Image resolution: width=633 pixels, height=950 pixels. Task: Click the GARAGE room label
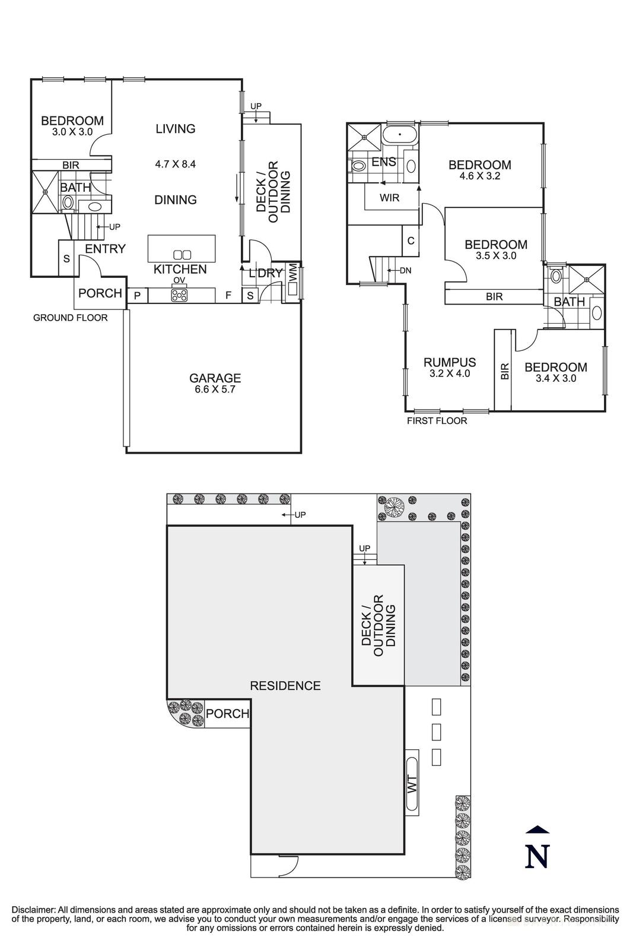(x=215, y=378)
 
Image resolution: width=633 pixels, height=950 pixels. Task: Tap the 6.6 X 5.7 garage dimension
(x=215, y=389)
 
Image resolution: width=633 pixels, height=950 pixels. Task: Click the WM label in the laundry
(x=293, y=273)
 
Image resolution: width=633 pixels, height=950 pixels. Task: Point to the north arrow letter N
(x=537, y=856)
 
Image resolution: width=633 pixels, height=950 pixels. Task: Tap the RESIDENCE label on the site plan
(x=285, y=686)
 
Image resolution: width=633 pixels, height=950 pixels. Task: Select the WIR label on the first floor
(x=389, y=198)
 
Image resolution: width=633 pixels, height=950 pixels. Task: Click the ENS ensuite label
(x=384, y=161)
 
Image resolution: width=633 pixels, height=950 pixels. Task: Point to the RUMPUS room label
(x=450, y=362)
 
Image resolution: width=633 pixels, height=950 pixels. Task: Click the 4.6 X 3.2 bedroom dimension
(x=479, y=176)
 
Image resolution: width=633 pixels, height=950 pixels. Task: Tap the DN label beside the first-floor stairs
(x=405, y=271)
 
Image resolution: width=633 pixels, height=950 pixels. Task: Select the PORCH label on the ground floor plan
(x=100, y=293)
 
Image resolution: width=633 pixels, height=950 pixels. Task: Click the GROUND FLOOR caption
(x=71, y=318)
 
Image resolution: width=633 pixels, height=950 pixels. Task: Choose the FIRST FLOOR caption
(x=437, y=421)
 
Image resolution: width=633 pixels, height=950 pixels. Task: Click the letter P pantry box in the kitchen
(x=137, y=296)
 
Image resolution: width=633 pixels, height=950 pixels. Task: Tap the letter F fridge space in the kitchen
(x=228, y=296)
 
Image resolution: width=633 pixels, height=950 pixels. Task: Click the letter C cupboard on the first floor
(x=410, y=240)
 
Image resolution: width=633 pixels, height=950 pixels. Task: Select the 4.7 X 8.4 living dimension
(x=176, y=164)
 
